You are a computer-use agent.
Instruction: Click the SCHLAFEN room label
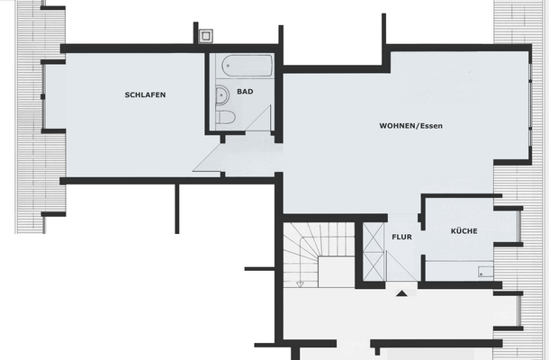coord(145,95)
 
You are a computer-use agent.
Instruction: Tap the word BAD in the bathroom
coord(245,92)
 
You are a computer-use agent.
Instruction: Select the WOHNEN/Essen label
coord(410,125)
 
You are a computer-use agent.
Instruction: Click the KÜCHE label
coord(464,231)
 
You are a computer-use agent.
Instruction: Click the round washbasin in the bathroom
coord(221,94)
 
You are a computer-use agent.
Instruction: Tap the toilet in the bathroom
coord(225,118)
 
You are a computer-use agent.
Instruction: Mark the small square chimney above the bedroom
coord(206,36)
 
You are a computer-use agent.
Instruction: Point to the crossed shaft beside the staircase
coord(373,252)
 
